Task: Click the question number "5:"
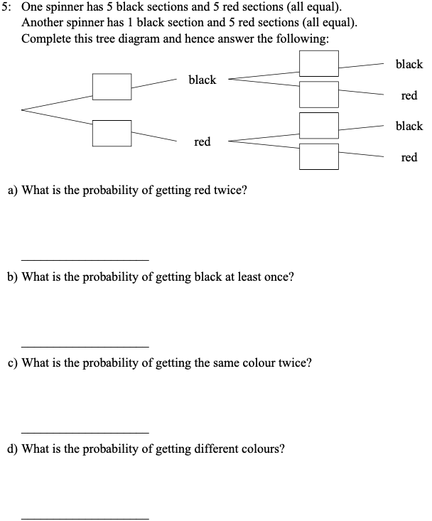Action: point(8,8)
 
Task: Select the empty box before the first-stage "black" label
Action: point(112,87)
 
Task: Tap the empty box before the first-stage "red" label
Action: point(112,133)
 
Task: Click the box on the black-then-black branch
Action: point(318,64)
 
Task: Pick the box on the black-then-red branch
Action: point(318,94)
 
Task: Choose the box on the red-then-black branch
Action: point(318,125)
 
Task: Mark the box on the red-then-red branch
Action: point(318,156)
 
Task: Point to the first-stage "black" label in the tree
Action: point(202,80)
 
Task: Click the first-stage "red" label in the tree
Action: point(202,142)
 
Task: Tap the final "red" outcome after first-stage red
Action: point(409,157)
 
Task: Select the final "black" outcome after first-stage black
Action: point(409,64)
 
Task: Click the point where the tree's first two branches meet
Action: point(23,110)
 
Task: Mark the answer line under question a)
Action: point(85,259)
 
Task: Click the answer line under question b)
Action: point(85,346)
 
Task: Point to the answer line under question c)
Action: point(85,432)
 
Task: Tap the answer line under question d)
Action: point(85,518)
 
